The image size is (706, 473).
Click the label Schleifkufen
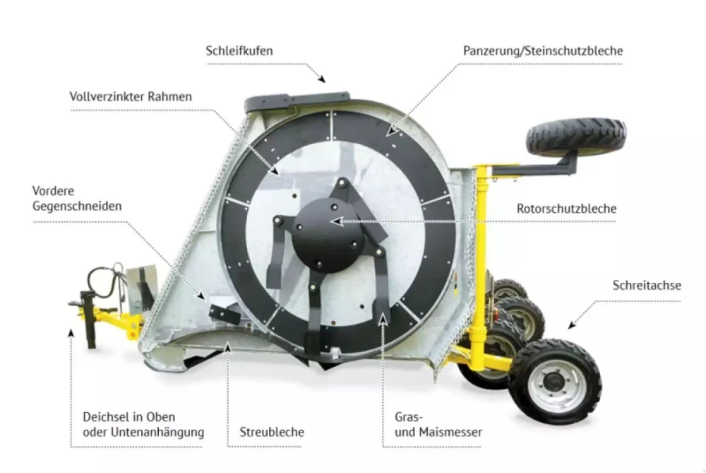(239, 50)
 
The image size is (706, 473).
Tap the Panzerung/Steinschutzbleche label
(543, 50)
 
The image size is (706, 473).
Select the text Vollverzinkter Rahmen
(131, 96)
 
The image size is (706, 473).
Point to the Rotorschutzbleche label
(566, 209)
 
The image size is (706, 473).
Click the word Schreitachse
(647, 285)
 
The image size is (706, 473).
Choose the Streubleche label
(272, 432)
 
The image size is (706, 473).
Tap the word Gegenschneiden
(77, 206)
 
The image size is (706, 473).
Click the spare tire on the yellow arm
(576, 134)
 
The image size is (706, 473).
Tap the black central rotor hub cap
(328, 235)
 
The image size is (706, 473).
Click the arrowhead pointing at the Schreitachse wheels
(572, 325)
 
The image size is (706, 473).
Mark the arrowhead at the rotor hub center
(336, 221)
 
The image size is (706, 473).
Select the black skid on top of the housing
(297, 103)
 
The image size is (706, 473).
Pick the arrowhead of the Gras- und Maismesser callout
(383, 319)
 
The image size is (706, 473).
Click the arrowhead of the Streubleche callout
(228, 347)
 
